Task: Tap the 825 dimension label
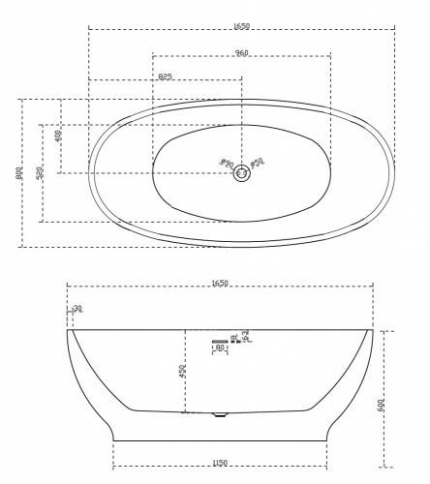pyautogui.click(x=166, y=76)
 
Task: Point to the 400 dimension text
pyautogui.click(x=58, y=135)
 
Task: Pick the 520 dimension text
pyautogui.click(x=39, y=172)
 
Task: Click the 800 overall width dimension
pyautogui.click(x=18, y=172)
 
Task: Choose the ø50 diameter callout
pyautogui.click(x=257, y=164)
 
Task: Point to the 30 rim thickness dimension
pyautogui.click(x=77, y=310)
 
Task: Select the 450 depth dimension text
pyautogui.click(x=182, y=371)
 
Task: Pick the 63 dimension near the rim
pyautogui.click(x=246, y=335)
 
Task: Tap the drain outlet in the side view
pyautogui.click(x=219, y=414)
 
